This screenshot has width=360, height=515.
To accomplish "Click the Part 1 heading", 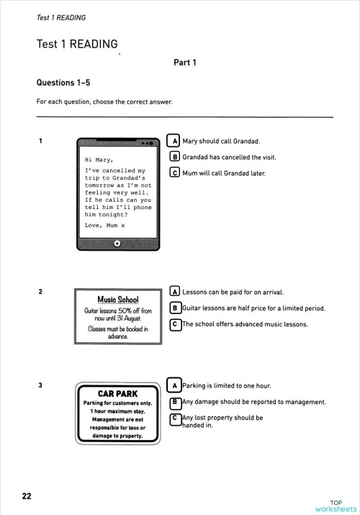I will [x=185, y=63].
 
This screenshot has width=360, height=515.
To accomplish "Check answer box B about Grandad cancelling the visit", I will [x=174, y=156].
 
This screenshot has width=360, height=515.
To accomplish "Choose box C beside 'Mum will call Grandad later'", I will [x=174, y=173].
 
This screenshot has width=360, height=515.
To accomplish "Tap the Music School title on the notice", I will [x=117, y=300].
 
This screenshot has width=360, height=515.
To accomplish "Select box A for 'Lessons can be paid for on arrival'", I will [x=174, y=292].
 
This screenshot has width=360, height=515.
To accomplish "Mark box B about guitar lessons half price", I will [x=174, y=308].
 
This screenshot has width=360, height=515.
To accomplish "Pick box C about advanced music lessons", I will [x=174, y=325].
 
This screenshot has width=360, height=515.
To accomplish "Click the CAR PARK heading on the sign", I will [x=117, y=394].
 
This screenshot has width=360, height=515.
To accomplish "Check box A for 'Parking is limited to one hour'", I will [x=174, y=385].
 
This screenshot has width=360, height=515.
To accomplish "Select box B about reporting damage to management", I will [x=174, y=402].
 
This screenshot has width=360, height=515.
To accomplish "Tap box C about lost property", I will [x=174, y=418].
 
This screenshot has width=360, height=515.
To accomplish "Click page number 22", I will [x=27, y=496].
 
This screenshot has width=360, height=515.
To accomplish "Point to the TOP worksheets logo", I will [x=335, y=506].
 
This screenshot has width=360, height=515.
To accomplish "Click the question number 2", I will [x=40, y=292].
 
